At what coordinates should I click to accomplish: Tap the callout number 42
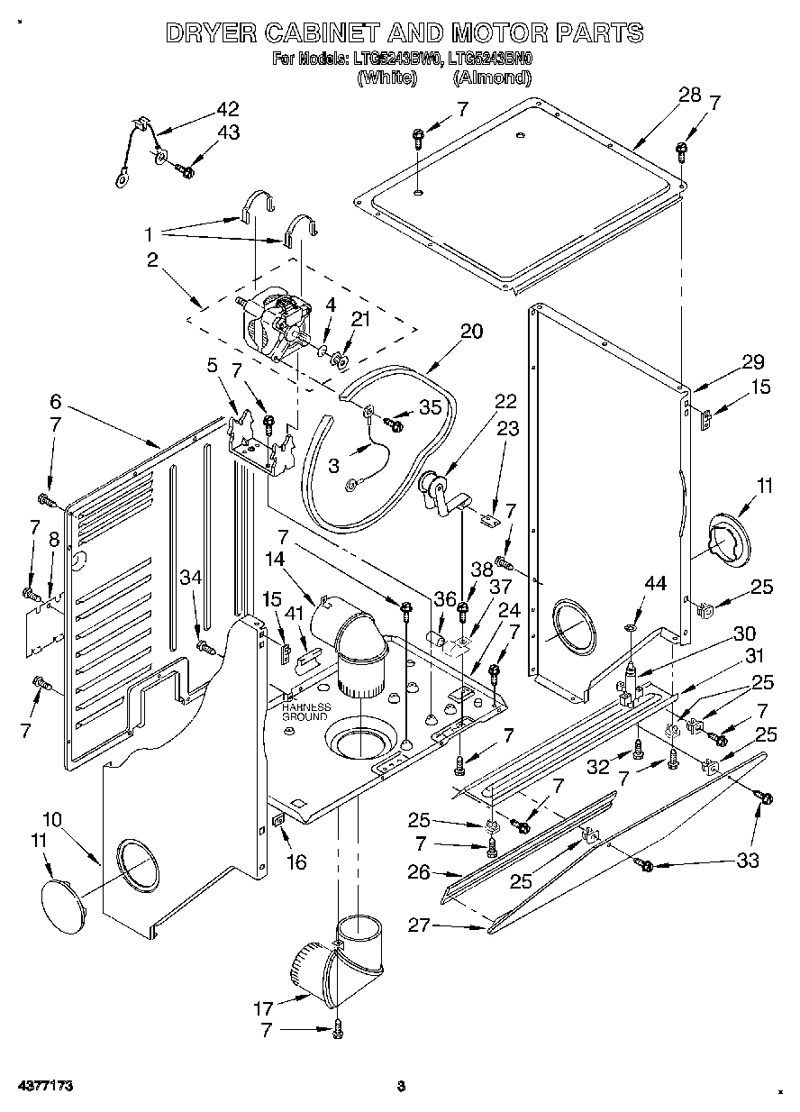(228, 109)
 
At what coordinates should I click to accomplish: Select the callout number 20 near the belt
(471, 332)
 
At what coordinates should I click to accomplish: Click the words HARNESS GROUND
(305, 711)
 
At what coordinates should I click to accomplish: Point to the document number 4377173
(43, 1086)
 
